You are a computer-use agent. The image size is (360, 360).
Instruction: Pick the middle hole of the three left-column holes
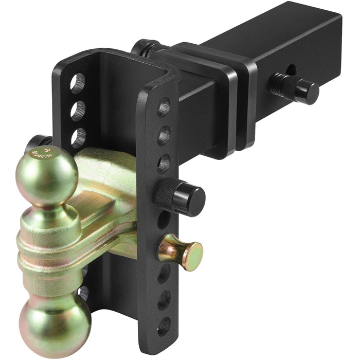point(78,110)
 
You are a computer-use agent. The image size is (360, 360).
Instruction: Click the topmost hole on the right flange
point(164,108)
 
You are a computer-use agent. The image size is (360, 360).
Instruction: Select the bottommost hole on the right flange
point(164,325)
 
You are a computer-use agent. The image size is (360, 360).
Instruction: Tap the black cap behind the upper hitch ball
point(39,142)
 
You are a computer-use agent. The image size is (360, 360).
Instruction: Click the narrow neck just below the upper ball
point(53,208)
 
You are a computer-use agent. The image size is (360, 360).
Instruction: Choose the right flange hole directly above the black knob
point(164,164)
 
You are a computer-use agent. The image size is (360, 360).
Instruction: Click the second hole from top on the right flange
point(164,136)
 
